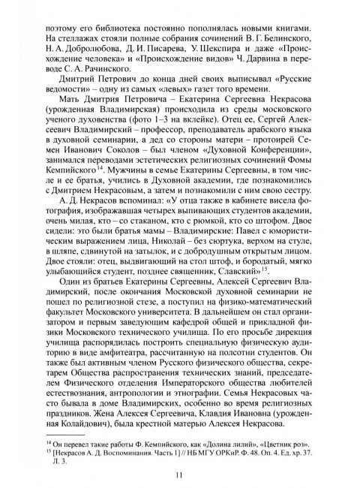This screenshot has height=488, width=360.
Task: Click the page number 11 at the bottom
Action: [x=180, y=473]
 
